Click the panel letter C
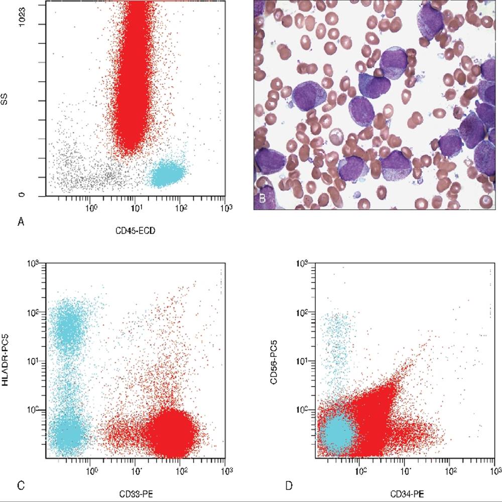click(x=21, y=485)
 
